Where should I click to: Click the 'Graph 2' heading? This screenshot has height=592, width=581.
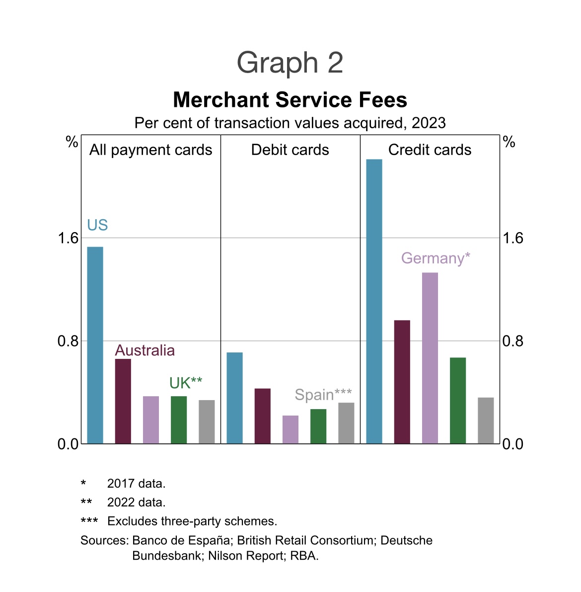[290, 63]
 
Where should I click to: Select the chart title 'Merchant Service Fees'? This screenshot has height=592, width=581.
[290, 100]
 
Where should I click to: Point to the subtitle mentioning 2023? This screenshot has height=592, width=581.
[290, 123]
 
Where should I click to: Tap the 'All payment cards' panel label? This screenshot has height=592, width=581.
[150, 150]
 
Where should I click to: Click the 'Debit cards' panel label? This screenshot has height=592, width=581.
[290, 150]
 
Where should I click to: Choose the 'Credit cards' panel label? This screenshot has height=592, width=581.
[430, 150]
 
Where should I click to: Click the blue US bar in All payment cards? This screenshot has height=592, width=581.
[95, 345]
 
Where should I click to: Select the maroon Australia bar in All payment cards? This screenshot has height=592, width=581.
[123, 401]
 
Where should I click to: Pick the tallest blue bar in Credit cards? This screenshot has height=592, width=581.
[374, 301]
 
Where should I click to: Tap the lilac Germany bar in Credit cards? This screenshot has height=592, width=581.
[430, 358]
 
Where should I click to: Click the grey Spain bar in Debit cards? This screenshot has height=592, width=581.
[346, 423]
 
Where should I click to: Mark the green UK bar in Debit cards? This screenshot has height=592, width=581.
[318, 426]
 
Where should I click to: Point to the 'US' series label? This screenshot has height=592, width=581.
[97, 225]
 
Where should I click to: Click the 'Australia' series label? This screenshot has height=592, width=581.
[145, 350]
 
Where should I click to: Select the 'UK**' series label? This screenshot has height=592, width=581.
[186, 383]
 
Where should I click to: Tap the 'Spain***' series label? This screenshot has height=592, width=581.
[323, 395]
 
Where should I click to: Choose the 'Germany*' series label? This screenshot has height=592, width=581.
[436, 258]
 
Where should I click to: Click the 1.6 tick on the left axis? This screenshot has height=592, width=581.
[68, 238]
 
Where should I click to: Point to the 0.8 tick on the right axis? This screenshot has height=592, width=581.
[512, 341]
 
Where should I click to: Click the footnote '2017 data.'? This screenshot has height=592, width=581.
[136, 483]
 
